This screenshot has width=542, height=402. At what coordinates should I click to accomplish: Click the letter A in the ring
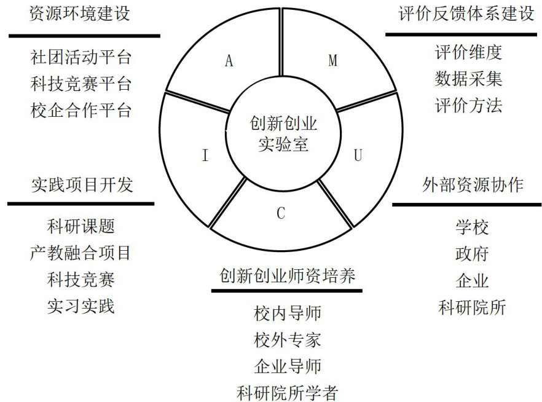(x=229, y=61)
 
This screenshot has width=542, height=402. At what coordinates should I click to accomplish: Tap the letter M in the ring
(x=332, y=60)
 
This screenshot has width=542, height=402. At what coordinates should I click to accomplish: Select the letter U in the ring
(x=358, y=156)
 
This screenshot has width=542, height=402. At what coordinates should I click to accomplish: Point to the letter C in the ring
(x=281, y=213)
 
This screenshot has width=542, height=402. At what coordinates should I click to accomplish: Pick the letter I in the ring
(x=205, y=156)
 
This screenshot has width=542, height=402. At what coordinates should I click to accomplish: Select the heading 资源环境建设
(x=80, y=14)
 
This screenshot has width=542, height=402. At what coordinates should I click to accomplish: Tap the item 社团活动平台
(x=81, y=58)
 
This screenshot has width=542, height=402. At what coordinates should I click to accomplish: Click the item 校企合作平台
(x=81, y=111)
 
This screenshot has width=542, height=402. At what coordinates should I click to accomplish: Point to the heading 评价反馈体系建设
(x=466, y=14)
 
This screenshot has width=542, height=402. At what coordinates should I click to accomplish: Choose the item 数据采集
(x=468, y=79)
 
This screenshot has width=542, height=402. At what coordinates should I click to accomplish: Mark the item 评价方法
(x=468, y=105)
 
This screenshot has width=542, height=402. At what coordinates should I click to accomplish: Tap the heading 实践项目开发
(x=82, y=184)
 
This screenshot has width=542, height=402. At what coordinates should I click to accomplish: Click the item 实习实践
(x=81, y=305)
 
